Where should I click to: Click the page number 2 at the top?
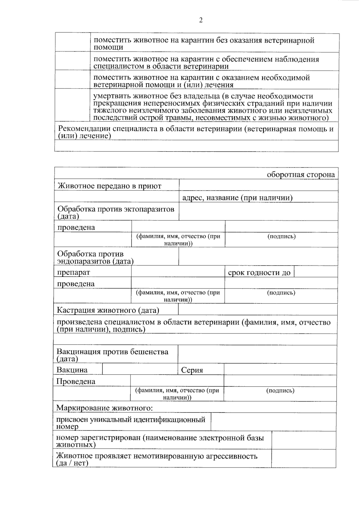coord(201,20)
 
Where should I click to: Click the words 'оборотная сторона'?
coord(301,175)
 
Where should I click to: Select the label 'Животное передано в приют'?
coord(109,186)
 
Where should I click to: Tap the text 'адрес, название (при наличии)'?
coord(237,198)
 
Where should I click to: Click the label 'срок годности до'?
coord(259,273)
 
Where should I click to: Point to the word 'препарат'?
coord(73,272)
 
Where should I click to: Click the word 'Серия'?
coord(192,370)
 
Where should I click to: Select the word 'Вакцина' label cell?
coord(72,370)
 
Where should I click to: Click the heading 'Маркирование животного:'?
coord(104,408)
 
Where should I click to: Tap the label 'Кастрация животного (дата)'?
coord(108,310)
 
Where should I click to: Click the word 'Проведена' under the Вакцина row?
coord(76,381)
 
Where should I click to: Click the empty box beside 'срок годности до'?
coord(316,272)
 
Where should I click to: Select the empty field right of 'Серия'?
coord(280,369)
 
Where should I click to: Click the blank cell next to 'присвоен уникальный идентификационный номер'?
coord(273,422)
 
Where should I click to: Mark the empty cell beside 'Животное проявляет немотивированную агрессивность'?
coord(303,458)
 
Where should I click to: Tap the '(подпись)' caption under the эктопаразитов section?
coord(281,236)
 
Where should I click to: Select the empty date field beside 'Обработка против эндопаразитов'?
coord(258,256)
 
